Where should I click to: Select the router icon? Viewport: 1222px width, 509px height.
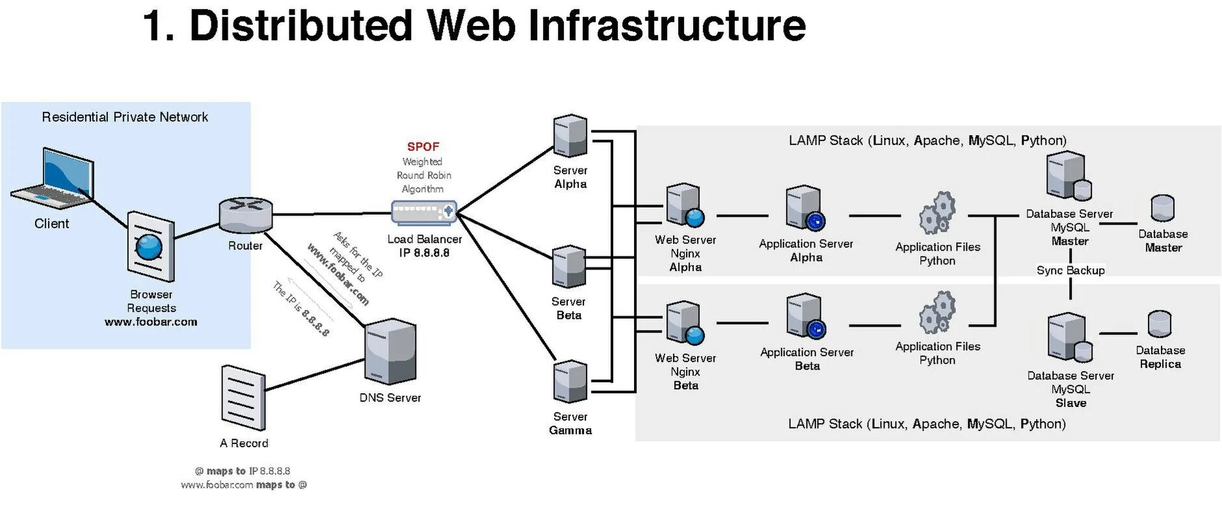[x=245, y=214]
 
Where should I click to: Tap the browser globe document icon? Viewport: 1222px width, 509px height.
[x=150, y=247]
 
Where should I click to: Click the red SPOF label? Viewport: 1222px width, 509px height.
[x=423, y=146]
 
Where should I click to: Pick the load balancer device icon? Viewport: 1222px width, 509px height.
[x=424, y=212]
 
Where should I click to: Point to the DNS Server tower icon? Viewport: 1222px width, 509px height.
[x=390, y=352]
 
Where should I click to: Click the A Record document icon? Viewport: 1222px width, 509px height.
[x=243, y=397]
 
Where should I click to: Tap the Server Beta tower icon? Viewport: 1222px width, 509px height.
[x=568, y=267]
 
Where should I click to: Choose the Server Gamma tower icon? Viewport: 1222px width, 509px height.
[x=570, y=382]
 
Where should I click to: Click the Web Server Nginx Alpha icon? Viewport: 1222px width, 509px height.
[x=685, y=206]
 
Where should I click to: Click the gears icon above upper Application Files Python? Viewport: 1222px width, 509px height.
[x=937, y=213]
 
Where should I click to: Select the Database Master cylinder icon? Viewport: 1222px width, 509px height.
[x=1162, y=208]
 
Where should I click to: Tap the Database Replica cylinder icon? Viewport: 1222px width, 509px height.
[x=1160, y=324]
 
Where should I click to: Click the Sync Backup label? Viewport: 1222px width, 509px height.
[x=1070, y=270]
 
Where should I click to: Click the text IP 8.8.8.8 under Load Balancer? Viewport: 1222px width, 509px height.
[x=424, y=253]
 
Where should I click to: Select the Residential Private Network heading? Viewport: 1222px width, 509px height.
[x=125, y=117]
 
